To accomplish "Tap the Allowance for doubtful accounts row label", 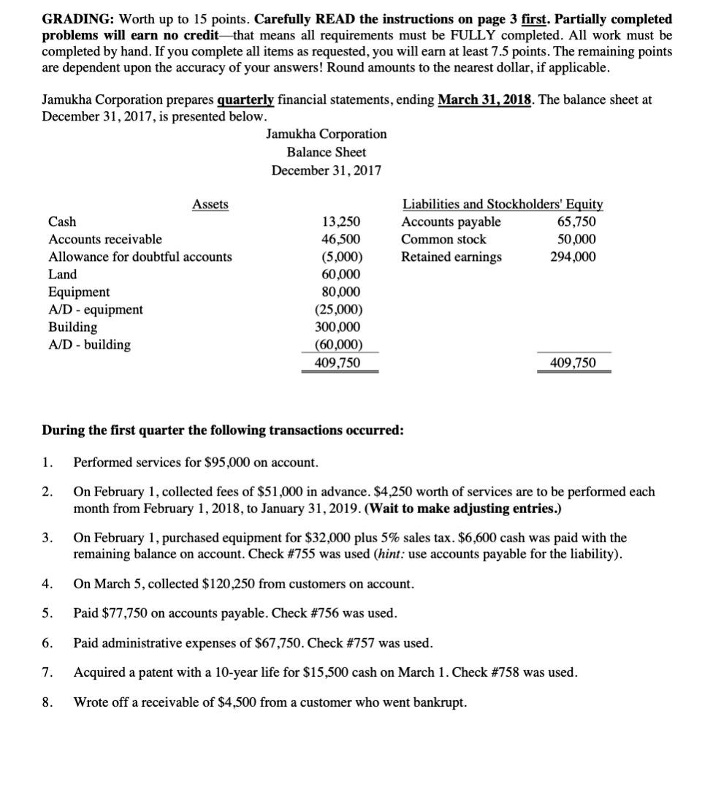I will pos(140,257).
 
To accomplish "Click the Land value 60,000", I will pos(341,275).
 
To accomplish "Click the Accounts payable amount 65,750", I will pos(576,222).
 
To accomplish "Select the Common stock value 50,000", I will pos(576,240).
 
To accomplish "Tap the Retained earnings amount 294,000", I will pos(573,257).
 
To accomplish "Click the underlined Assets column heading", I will pos(210,205).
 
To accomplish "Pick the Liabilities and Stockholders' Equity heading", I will pos(503,205).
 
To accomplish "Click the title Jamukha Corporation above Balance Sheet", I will pos(327,134).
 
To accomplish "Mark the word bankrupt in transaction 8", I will pos(440,702).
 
